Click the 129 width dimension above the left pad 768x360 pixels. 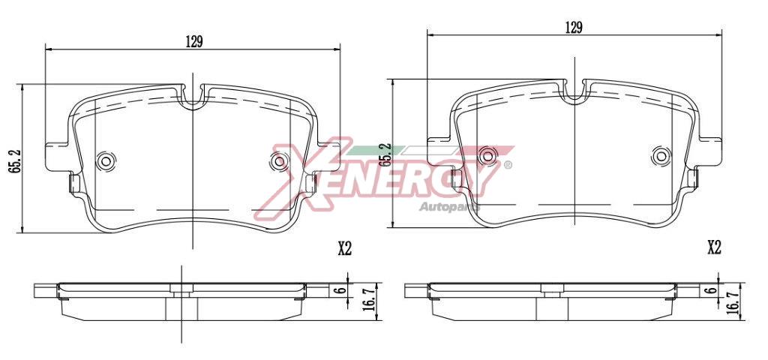tap(194, 42)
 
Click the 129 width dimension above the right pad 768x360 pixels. tap(574, 28)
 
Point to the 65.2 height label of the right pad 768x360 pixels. tap(384, 154)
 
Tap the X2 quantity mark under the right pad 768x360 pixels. tap(713, 247)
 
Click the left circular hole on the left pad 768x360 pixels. tap(106, 160)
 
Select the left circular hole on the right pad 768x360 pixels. tap(487, 155)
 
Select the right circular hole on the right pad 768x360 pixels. tap(661, 155)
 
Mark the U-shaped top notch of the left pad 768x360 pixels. tap(193, 97)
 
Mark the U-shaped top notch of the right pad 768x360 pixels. tap(575, 93)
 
